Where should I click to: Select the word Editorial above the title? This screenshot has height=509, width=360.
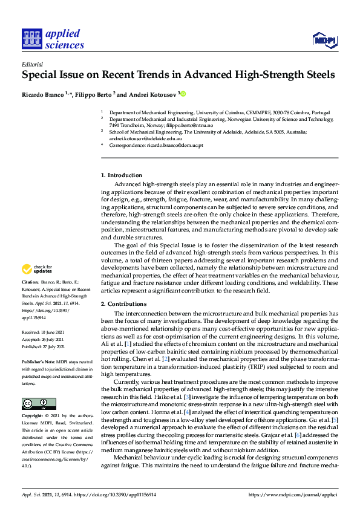[x=31, y=63]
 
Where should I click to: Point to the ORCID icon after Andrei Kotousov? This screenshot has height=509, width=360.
[x=183, y=94]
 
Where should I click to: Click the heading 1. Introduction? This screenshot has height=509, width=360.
[x=121, y=175]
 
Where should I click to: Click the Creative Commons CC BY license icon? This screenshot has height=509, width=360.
[x=34, y=386]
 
